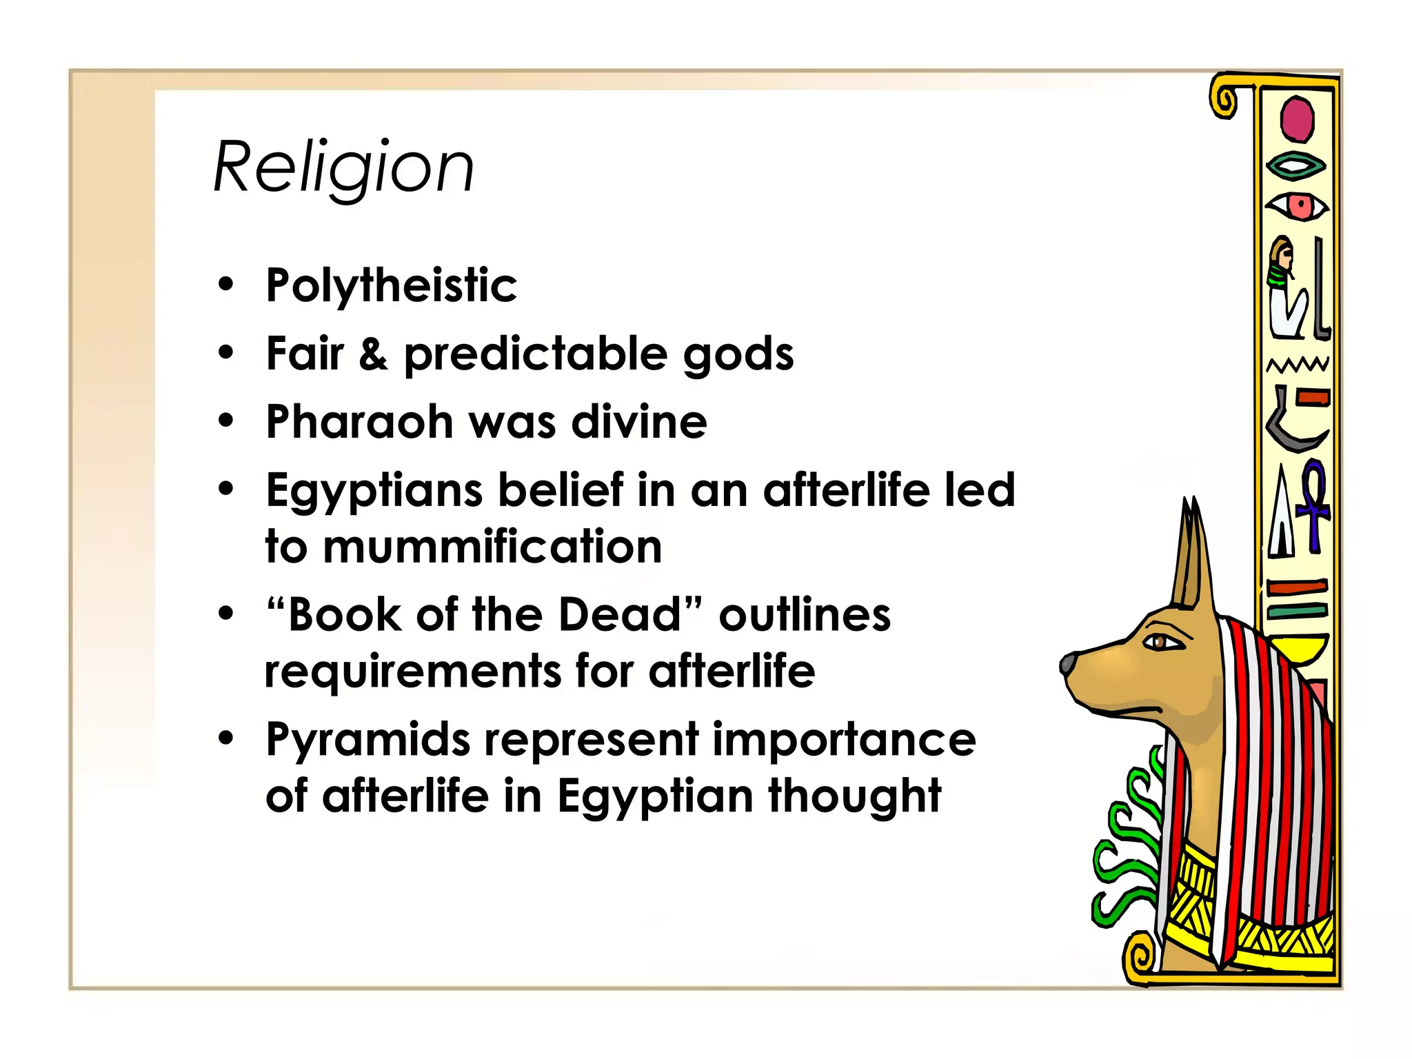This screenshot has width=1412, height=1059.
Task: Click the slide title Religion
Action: coord(343,168)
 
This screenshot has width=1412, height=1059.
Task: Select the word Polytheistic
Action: coord(391,285)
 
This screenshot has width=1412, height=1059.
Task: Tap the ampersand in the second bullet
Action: coord(373,354)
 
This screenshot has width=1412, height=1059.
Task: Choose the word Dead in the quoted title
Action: coord(619,614)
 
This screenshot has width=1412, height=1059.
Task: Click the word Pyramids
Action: coord(368,740)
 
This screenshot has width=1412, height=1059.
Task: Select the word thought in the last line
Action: coord(854,796)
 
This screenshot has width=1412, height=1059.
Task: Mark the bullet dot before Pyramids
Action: coord(226,738)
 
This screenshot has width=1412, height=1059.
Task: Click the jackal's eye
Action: coord(1161,643)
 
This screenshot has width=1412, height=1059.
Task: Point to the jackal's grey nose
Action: coord(1068,663)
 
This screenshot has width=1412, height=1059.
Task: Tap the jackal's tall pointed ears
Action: coord(1192,552)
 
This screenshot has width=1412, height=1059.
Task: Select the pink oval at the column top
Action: coord(1297,119)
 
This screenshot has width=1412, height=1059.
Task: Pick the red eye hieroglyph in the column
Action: coord(1297,206)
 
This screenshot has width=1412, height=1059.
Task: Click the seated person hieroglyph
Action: coord(1286,288)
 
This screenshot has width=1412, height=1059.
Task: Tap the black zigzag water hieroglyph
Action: coord(1298,365)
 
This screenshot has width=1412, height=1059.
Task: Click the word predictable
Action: coord(536,354)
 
